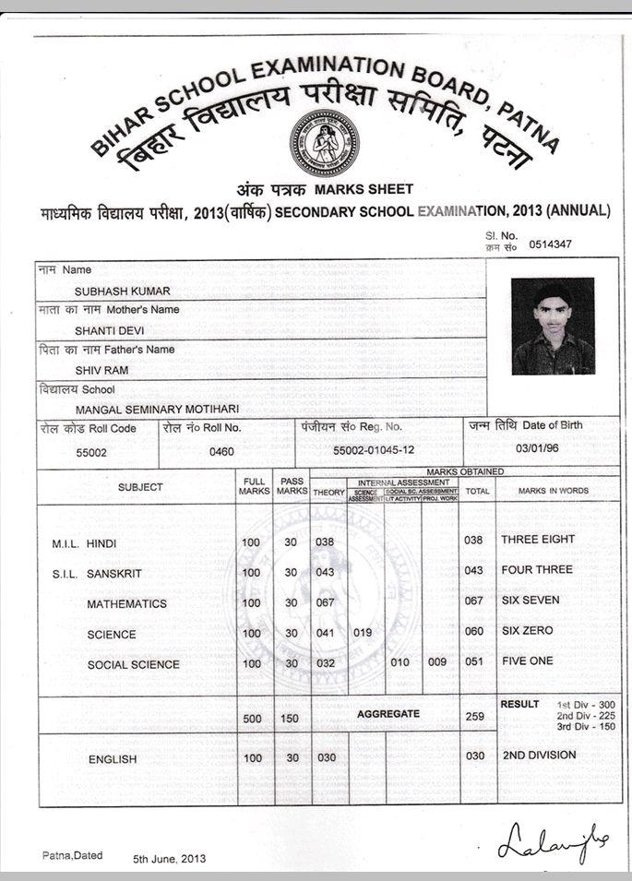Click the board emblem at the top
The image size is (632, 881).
tap(325, 143)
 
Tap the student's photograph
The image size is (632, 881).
tap(553, 327)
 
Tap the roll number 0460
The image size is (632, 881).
tap(221, 452)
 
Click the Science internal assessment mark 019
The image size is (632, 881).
tap(363, 633)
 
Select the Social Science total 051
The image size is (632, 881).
tap(474, 661)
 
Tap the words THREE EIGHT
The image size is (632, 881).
tap(537, 539)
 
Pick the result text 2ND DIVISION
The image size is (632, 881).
tap(539, 755)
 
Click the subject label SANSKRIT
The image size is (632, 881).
tap(114, 574)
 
